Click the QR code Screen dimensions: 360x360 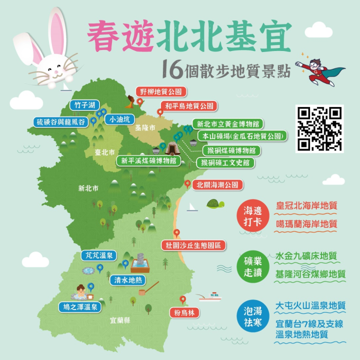320,128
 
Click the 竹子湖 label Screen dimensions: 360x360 84,105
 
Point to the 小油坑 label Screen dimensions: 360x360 119,119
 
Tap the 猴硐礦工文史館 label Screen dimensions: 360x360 225,162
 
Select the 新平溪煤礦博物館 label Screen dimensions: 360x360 148,160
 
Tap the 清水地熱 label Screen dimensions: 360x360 127,280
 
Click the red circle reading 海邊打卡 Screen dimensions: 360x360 253,216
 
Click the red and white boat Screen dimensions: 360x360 210,297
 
